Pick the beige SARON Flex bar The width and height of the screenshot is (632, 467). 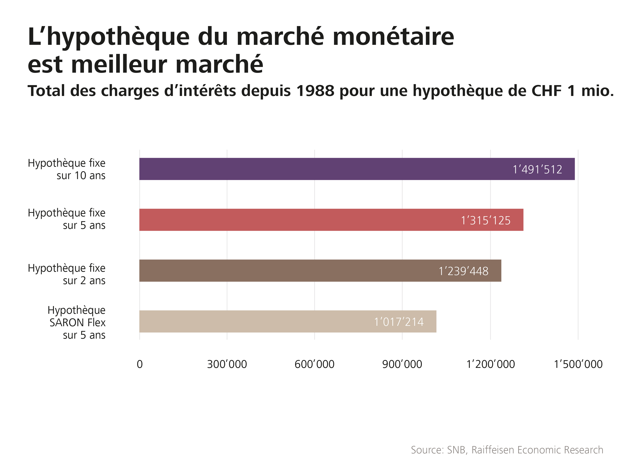pos(255,321)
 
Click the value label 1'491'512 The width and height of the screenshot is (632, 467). pos(537,170)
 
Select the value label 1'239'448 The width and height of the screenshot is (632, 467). pos(464,271)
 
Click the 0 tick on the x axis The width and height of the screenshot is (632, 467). pos(140,364)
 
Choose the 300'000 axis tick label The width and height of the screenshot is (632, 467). pos(227,364)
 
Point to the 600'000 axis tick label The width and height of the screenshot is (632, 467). pos(314,364)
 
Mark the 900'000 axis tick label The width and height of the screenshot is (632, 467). pos(402,364)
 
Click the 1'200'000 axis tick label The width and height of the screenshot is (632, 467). pos(491,364)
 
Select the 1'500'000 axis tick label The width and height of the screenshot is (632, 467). pos(578,364)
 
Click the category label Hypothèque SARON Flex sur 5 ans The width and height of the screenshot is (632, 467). pos(77,322)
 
